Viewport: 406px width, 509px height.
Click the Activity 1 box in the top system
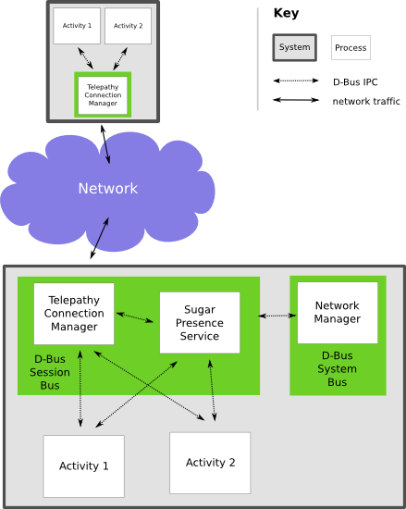tap(77, 26)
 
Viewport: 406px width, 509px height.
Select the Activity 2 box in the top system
tap(129, 26)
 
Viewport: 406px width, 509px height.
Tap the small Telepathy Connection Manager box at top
tap(103, 95)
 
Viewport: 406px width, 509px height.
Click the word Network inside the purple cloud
tap(108, 188)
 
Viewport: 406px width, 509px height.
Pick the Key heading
tap(286, 13)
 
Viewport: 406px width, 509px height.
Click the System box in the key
tap(294, 47)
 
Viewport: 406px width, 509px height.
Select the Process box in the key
tap(351, 48)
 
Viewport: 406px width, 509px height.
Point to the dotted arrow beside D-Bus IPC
tap(296, 81)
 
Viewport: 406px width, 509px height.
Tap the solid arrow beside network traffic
tap(296, 100)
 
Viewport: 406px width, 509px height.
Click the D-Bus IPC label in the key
tap(355, 82)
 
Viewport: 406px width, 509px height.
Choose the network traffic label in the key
tap(366, 101)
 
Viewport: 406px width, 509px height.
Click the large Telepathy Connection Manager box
tap(74, 314)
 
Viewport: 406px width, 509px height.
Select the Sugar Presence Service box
tap(200, 323)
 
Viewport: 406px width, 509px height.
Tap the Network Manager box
tap(338, 313)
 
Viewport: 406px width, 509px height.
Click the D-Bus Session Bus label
tap(50, 372)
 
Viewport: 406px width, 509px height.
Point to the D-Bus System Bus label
tap(338, 368)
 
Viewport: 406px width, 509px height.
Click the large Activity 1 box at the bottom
tap(83, 466)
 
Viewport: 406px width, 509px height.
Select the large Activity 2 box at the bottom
tap(210, 463)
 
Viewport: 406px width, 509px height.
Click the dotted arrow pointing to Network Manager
tap(277, 316)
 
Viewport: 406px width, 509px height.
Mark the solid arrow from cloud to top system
tap(105, 144)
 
